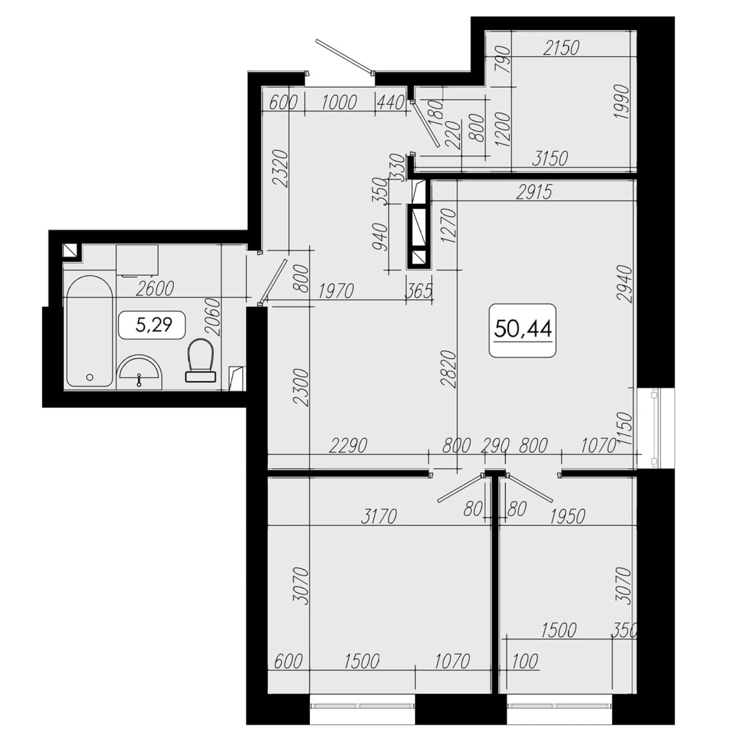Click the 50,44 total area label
click(522, 329)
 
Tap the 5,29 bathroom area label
click(154, 324)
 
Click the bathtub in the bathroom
click(90, 331)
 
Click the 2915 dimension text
click(534, 192)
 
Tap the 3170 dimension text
click(379, 516)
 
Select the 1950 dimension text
click(567, 516)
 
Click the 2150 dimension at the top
click(561, 48)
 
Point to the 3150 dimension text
click(550, 159)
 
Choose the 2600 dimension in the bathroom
click(155, 289)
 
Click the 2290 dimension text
click(348, 445)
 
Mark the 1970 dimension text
click(336, 291)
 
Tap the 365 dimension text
click(419, 291)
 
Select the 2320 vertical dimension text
click(281, 168)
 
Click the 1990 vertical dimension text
click(622, 102)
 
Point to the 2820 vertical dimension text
click(448, 369)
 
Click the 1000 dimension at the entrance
click(339, 102)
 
